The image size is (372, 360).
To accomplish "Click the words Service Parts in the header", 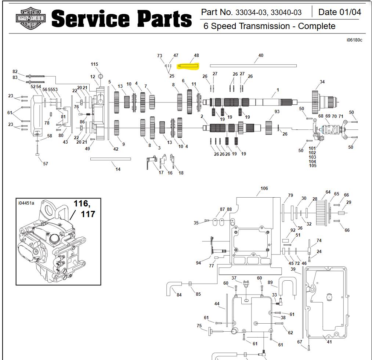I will (x=121, y=19).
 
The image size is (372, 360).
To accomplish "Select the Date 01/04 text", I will (x=339, y=12).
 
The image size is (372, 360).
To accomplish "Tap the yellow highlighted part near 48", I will (x=188, y=66).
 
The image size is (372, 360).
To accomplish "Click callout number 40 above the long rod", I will (x=261, y=55).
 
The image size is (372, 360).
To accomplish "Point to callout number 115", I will (x=94, y=64).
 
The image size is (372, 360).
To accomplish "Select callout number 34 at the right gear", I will (x=322, y=82).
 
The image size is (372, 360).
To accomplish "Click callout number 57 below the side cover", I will (x=46, y=164).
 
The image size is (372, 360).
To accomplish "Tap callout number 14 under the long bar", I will (x=118, y=169).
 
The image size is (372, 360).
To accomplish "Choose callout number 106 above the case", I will (x=264, y=188).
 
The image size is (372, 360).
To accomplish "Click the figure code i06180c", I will (x=354, y=40).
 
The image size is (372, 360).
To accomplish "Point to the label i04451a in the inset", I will (x=26, y=203).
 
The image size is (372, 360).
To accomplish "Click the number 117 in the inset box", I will (x=88, y=214).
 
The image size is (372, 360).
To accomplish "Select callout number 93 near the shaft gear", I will (x=277, y=112).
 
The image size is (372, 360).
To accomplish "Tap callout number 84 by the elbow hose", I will (x=179, y=295).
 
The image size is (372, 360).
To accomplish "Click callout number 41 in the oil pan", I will (x=329, y=342).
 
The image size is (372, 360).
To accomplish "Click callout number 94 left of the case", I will (x=198, y=263).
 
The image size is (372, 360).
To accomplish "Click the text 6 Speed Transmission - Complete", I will (x=269, y=26).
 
